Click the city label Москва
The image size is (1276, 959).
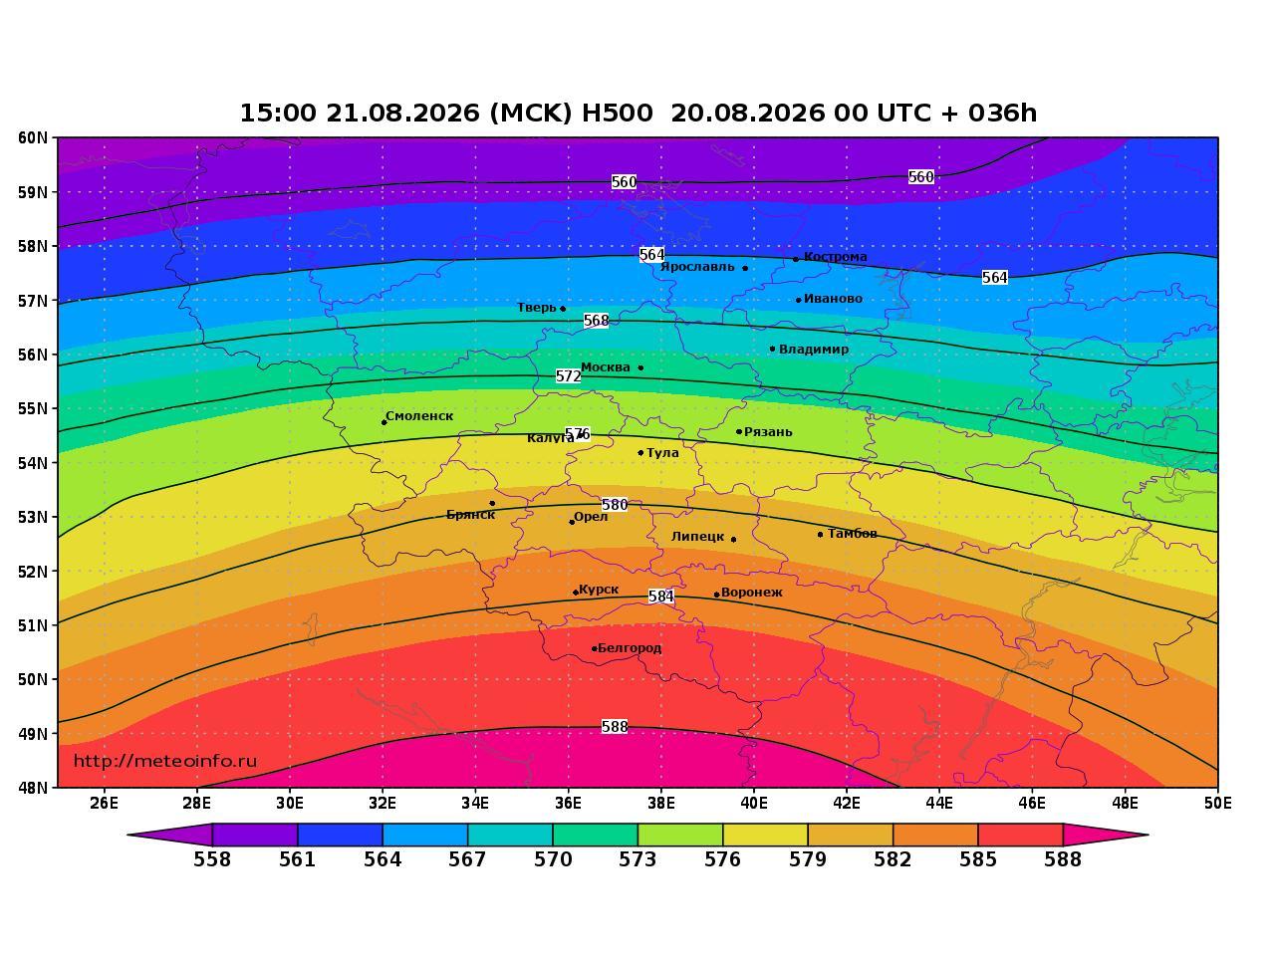605,367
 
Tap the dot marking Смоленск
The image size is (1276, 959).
384,422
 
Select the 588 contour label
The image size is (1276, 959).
615,727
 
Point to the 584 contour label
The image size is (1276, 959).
661,597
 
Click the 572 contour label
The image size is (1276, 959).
568,376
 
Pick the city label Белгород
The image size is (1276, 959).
630,648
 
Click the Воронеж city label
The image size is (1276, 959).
752,593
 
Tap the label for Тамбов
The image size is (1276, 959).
853,534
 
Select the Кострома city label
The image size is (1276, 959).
836,257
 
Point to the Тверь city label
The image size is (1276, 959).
537,308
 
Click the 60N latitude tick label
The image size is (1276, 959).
33,137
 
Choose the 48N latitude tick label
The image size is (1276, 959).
33,788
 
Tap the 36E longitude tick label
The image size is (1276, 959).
568,804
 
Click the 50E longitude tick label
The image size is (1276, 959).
1217,804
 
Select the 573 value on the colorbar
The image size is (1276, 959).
638,859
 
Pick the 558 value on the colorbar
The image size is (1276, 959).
212,859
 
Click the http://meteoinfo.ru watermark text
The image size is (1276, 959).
165,761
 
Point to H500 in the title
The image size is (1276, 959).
618,113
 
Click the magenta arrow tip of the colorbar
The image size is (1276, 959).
1148,835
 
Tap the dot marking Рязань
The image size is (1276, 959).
739,432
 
